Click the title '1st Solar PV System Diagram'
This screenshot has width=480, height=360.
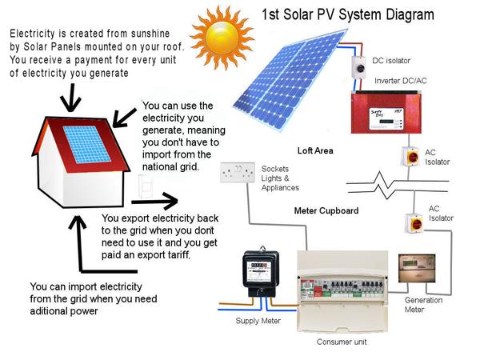pyautogui.click(x=347, y=14)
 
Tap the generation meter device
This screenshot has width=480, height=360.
pyautogui.click(x=417, y=273)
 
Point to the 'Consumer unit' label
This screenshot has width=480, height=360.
pyautogui.click(x=344, y=341)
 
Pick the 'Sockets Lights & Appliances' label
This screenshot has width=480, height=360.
pyautogui.click(x=280, y=178)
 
